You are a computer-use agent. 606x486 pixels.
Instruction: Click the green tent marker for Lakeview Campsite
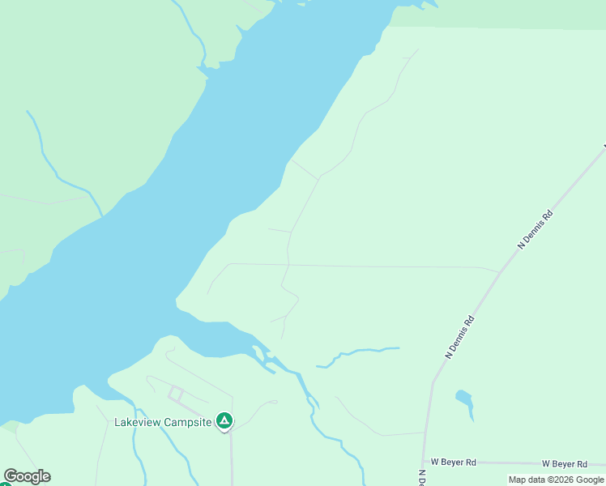[x=224, y=421]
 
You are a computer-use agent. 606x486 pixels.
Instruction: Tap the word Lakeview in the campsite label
[x=139, y=422]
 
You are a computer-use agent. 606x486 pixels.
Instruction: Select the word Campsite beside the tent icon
[x=189, y=422]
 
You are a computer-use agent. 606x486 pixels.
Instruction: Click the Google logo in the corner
[x=27, y=476]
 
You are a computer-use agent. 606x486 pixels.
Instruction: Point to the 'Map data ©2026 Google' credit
[x=556, y=480]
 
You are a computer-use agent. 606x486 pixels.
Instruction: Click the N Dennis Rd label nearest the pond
[x=459, y=337]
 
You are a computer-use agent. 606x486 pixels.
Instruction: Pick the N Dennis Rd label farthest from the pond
[x=536, y=229]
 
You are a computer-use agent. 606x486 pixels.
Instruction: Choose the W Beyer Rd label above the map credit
[x=564, y=463]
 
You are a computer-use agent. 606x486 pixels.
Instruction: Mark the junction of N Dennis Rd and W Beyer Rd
[x=424, y=461]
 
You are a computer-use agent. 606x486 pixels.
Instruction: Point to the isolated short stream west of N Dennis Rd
[x=356, y=353]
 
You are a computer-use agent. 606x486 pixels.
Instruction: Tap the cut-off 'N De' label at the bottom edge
[x=422, y=479]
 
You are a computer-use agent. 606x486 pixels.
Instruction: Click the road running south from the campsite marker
[x=232, y=458]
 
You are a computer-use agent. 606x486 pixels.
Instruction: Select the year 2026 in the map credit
[x=562, y=480]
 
